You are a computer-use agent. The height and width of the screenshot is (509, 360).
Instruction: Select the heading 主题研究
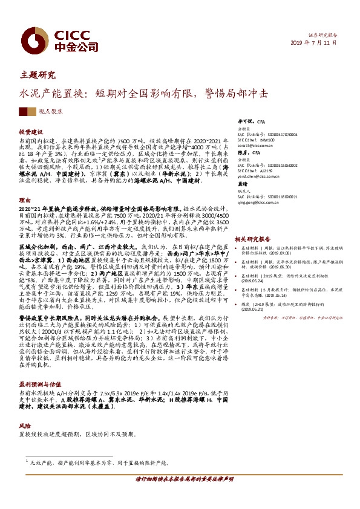pyautogui.click(x=38, y=76)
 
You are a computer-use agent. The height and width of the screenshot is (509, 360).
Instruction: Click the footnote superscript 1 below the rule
pyautogui.click(x=28, y=460)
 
